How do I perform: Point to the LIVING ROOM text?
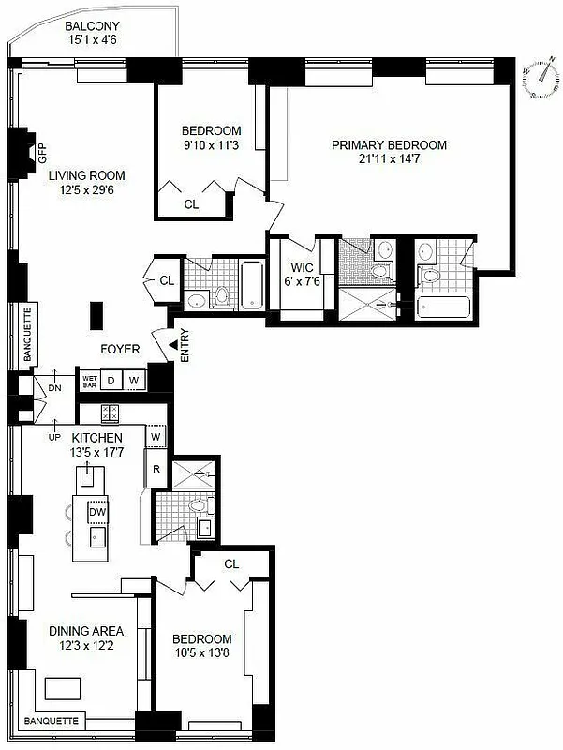[87, 175]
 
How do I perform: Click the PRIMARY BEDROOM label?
[389, 145]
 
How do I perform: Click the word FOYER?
[121, 350]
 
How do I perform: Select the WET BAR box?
[90, 380]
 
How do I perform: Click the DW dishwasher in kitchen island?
[96, 513]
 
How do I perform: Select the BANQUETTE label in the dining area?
[50, 721]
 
